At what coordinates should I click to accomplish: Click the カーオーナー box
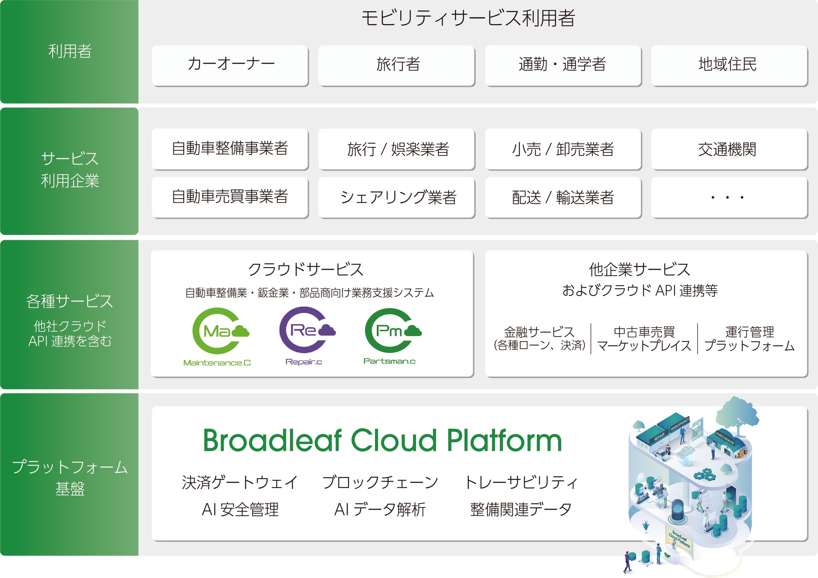tap(230, 65)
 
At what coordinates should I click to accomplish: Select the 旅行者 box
tap(397, 65)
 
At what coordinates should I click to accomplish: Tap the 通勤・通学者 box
tap(563, 65)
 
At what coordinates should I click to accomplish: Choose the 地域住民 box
tap(729, 65)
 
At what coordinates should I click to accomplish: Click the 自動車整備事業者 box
tap(230, 149)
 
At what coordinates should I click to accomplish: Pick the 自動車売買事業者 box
tap(230, 197)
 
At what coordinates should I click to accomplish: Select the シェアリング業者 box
tap(397, 197)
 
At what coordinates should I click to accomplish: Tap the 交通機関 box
tap(729, 149)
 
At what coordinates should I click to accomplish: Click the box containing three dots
tap(729, 197)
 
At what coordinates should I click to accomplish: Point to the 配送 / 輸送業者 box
tap(563, 197)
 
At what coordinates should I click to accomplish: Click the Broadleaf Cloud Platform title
tap(382, 441)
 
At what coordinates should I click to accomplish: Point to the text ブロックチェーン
tap(380, 483)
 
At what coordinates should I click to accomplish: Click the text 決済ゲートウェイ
tap(240, 483)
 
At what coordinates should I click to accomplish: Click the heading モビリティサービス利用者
tap(468, 18)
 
